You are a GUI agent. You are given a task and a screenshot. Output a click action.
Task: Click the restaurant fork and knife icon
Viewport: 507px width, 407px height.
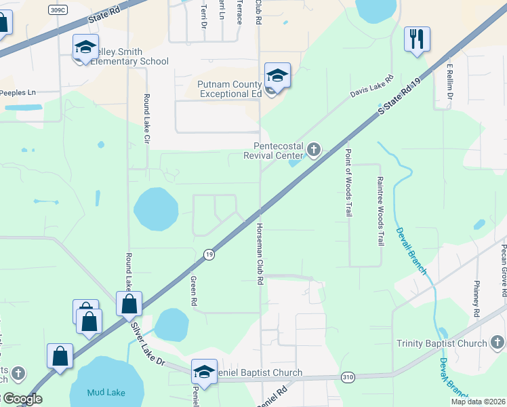(416, 39)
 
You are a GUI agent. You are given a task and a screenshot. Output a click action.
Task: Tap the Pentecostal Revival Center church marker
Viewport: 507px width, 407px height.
(313, 149)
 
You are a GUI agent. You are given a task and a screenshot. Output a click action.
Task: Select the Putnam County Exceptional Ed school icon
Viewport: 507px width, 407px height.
(277, 77)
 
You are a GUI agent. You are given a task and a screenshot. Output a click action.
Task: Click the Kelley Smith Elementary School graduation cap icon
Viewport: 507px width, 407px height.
(86, 48)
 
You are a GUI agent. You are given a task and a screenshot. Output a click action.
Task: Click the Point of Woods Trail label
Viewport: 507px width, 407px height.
(348, 182)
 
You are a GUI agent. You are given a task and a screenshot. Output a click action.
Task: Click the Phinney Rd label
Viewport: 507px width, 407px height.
(476, 298)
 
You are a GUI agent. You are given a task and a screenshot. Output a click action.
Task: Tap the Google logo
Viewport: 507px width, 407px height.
(22, 399)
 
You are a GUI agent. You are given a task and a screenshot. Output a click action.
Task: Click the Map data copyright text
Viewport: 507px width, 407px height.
(478, 402)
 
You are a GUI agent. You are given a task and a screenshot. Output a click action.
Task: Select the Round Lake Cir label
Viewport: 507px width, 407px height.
(146, 116)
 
